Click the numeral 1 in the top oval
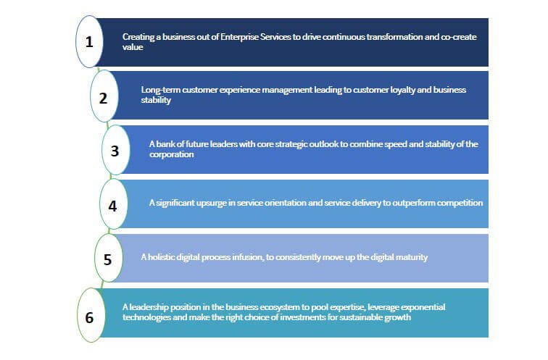click(89, 42)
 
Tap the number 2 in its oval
click(103, 98)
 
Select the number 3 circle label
click(115, 151)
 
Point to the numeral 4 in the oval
click(112, 206)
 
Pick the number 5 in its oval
click(107, 259)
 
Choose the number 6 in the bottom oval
click(89, 317)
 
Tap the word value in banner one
click(133, 47)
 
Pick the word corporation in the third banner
click(172, 155)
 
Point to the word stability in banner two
click(156, 100)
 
